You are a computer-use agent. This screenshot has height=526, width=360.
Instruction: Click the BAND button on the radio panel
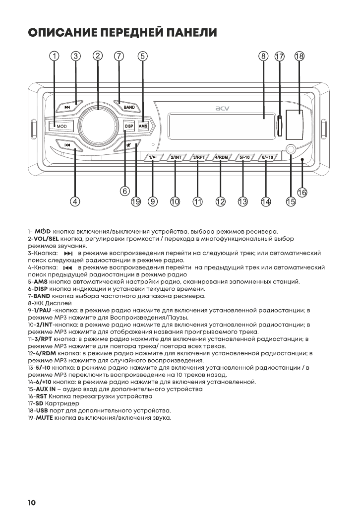128,107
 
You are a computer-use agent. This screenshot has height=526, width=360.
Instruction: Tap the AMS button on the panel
143,126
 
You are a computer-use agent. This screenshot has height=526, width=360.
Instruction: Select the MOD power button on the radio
61,126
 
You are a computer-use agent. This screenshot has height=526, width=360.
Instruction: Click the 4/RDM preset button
220,157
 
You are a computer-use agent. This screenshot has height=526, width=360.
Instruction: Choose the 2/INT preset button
176,157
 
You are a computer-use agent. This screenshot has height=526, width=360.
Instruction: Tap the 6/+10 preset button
266,157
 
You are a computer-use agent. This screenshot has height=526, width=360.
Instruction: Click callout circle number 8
264,56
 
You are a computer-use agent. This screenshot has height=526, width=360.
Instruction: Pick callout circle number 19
136,201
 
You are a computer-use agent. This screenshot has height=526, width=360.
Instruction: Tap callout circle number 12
220,201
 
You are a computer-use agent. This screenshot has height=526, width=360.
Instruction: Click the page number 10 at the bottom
31,503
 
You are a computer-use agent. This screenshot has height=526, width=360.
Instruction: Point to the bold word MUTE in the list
43,418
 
